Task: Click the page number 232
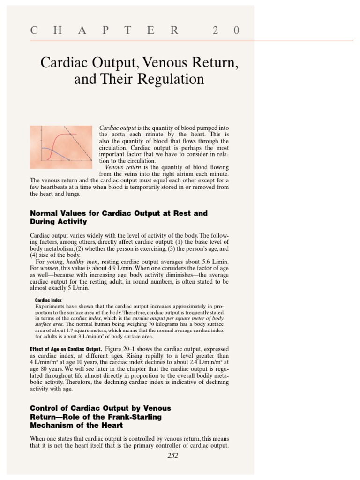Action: (172, 456)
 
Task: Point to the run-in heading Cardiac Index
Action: (48, 300)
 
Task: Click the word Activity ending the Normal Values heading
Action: (71, 222)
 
